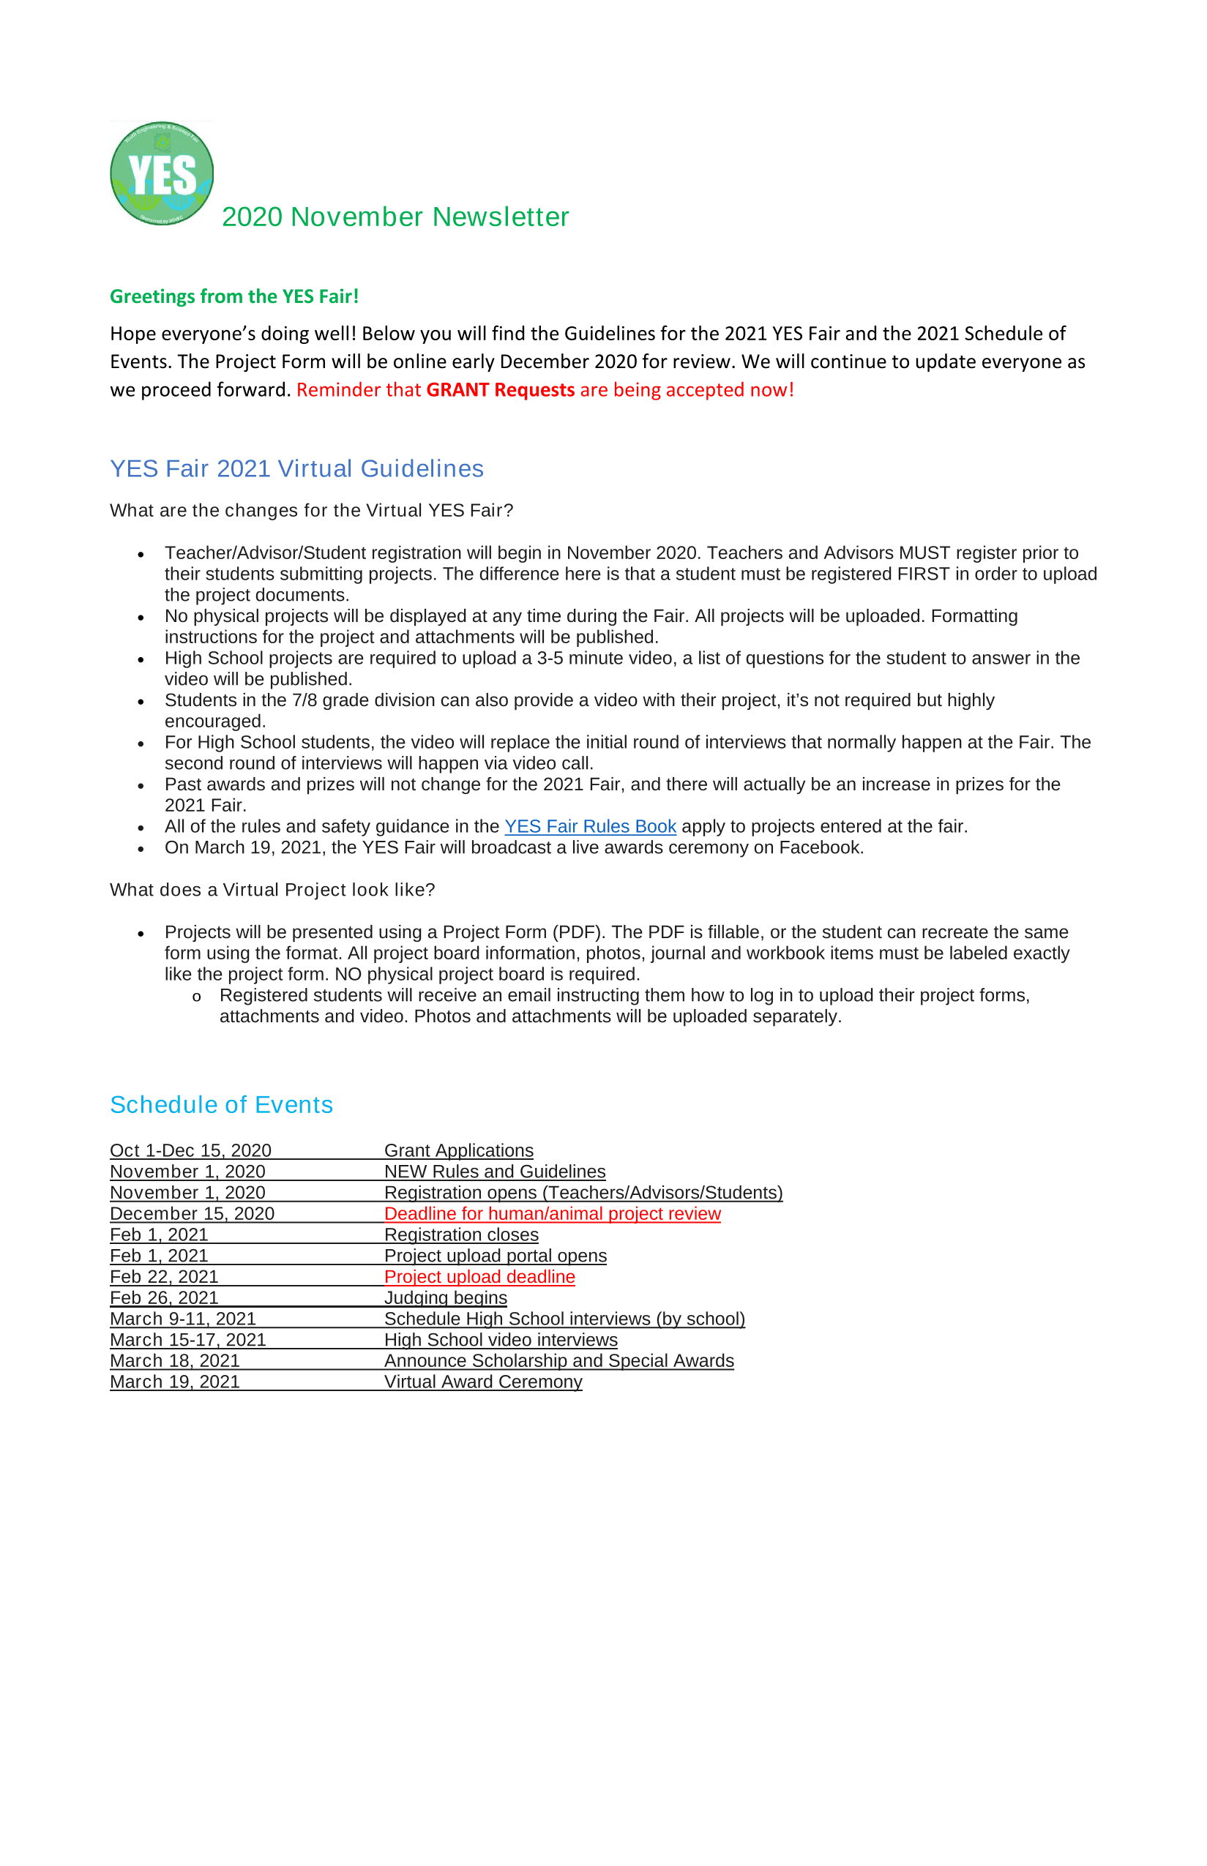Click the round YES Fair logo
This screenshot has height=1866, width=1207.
tap(162, 173)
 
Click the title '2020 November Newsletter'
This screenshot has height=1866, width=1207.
tap(395, 217)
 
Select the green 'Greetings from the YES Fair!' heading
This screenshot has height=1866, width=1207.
tap(233, 296)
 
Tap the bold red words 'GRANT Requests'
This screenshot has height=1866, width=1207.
tap(500, 389)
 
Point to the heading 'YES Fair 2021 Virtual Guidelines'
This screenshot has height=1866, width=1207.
tap(296, 468)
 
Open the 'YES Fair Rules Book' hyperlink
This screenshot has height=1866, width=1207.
tap(589, 825)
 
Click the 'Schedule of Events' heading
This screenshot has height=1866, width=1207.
tap(221, 1104)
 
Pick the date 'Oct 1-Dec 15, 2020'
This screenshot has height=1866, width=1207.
tap(190, 1150)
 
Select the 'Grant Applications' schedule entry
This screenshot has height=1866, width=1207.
tap(458, 1150)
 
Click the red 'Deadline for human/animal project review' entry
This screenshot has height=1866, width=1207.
tap(552, 1213)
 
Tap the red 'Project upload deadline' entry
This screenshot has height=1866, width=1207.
tap(479, 1276)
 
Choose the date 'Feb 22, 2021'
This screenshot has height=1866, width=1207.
tap(164, 1276)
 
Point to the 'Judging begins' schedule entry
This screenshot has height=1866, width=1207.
tap(445, 1297)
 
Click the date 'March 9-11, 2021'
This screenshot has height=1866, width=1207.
tap(182, 1319)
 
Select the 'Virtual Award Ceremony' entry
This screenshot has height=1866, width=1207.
tap(483, 1381)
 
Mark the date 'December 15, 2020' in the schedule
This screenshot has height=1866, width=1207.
tap(192, 1213)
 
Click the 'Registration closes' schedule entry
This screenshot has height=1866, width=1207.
tap(461, 1234)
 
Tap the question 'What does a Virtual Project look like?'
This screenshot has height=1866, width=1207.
tap(272, 890)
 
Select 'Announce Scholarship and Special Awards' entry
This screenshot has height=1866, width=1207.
tap(558, 1361)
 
